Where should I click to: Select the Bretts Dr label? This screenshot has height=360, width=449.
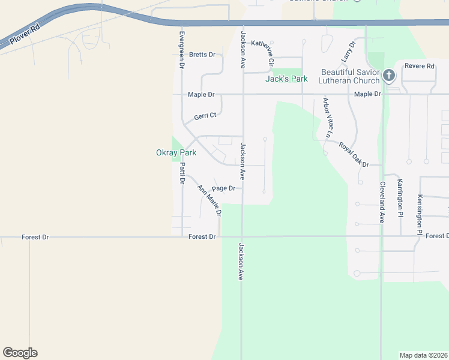pos(202,55)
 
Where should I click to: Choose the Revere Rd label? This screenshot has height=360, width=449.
pos(419,66)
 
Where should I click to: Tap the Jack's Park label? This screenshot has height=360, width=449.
pos(286,79)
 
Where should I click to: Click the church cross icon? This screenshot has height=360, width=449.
pos(388,76)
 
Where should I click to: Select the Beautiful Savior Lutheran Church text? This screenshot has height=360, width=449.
pos(350,76)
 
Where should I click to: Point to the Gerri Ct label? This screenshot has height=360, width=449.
pos(205,116)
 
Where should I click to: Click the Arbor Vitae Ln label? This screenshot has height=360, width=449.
pos(328,118)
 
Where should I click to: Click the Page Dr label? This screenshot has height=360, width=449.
pos(223,188)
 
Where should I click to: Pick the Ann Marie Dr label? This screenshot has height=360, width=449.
pos(210,200)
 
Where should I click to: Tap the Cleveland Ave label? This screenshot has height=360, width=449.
pos(381,202)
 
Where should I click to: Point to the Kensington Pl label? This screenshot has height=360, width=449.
pos(420,214)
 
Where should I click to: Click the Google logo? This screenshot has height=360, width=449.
pos(20,353)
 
